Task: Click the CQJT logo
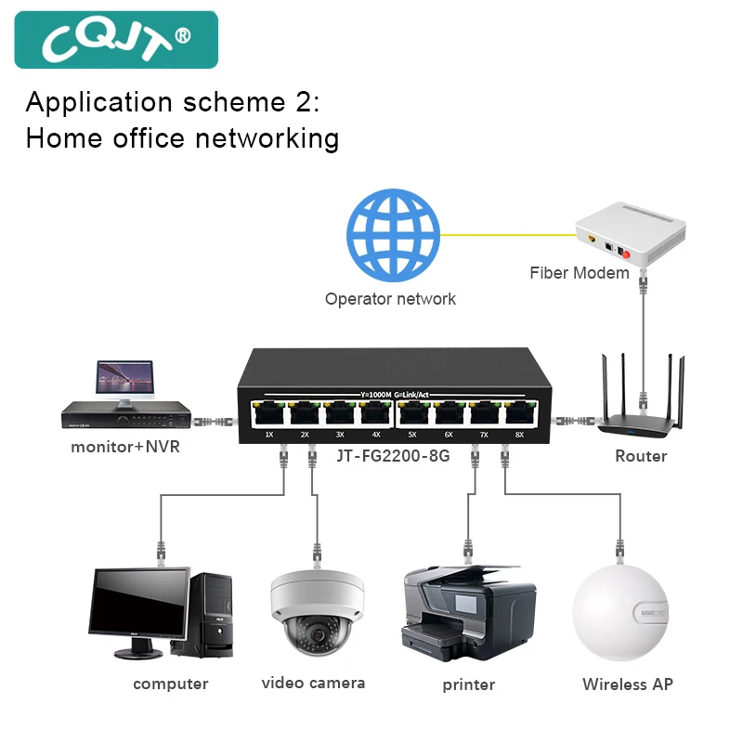116,39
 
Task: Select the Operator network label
390,299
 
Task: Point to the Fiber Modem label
580,273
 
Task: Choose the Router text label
641,456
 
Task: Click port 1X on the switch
269,411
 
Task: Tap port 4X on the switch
376,411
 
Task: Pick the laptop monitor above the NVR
124,379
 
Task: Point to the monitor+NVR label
125,447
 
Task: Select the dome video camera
314,613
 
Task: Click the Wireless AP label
627,684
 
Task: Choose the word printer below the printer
469,685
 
